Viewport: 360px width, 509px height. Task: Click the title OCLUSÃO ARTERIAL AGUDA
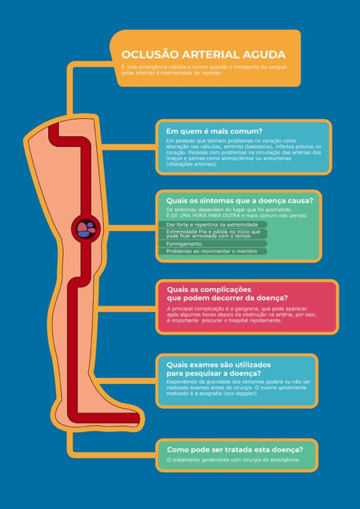pyautogui.click(x=203, y=55)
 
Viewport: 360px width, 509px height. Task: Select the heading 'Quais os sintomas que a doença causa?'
pyautogui.click(x=239, y=201)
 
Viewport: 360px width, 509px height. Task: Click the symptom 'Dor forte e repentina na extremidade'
pyautogui.click(x=212, y=225)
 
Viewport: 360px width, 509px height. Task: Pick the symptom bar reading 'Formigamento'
pyautogui.click(x=212, y=244)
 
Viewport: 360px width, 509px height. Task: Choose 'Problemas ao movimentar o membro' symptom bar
pyautogui.click(x=212, y=251)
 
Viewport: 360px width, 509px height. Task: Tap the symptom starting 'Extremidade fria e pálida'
pyautogui.click(x=212, y=234)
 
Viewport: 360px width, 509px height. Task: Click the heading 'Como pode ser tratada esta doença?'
pyautogui.click(x=235, y=450)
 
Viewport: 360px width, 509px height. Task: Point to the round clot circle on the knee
pyautogui.click(x=86, y=229)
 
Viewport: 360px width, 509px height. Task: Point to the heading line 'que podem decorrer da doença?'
pyautogui.click(x=227, y=298)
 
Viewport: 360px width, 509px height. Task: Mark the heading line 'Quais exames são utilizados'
pyautogui.click(x=218, y=365)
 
